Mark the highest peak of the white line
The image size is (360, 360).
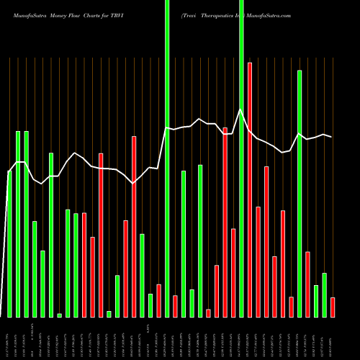pos(241,109)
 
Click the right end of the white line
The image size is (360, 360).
pos(332,137)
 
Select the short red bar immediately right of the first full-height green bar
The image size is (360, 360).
pos(175,306)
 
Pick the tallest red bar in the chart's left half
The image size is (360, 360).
pos(134,226)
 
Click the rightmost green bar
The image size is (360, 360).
pos(324,294)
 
